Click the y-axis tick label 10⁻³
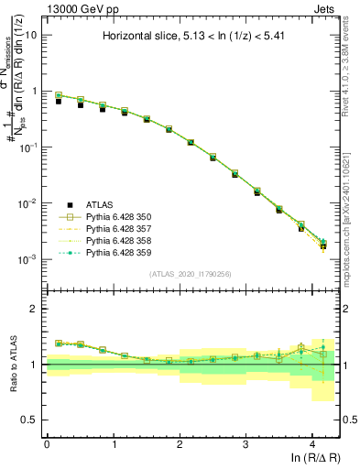[27, 259]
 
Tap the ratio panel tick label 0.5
[28, 420]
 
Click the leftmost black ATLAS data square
[58, 101]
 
